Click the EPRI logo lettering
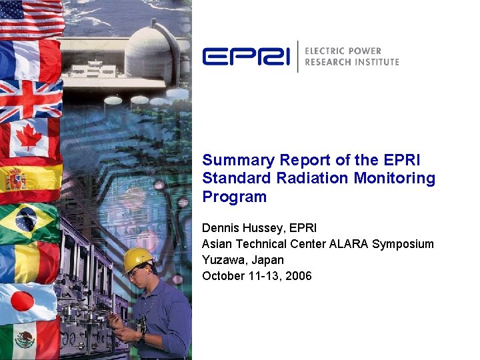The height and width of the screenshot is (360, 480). click(246, 56)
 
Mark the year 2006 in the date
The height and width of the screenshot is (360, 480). click(299, 276)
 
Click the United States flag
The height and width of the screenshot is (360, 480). click(31, 18)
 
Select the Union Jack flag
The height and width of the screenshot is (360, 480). click(31, 100)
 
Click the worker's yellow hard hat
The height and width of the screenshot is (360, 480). click(137, 259)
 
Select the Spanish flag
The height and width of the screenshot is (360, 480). click(31, 181)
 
